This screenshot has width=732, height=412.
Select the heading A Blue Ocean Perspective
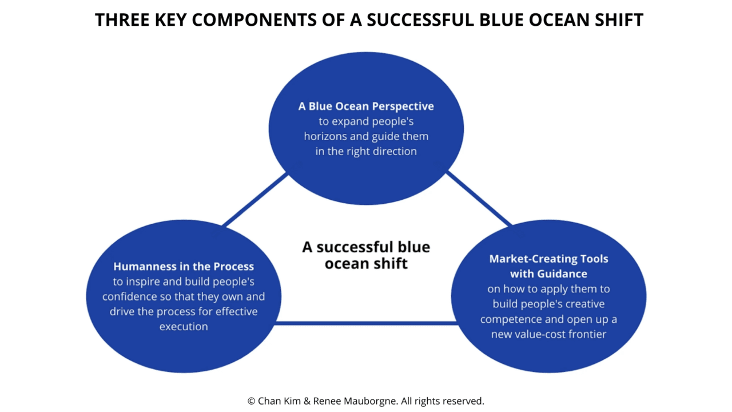point(366,106)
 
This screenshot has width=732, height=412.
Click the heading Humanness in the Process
point(184,267)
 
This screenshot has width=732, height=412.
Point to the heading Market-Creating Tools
point(548,259)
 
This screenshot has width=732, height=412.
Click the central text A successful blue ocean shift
point(366,255)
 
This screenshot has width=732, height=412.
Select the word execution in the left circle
point(184,327)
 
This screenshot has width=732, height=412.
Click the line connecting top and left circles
point(255,199)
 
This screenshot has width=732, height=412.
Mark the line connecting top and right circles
point(478,199)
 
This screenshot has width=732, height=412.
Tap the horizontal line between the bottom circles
point(366,323)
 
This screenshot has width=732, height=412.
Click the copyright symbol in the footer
point(252,401)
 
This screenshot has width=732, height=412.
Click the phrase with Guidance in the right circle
point(548,274)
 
